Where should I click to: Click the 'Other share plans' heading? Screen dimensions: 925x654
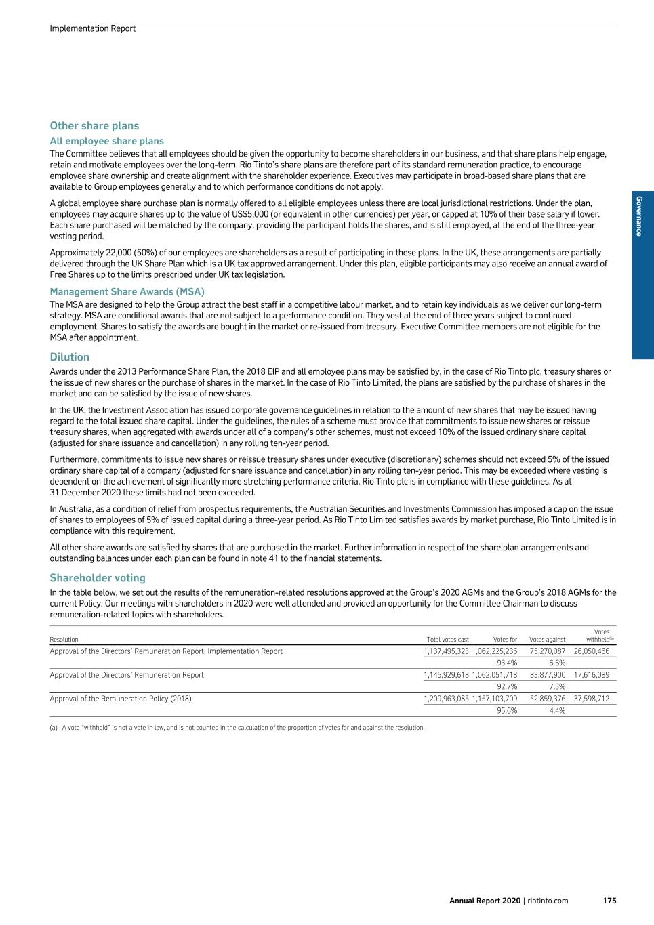(94, 126)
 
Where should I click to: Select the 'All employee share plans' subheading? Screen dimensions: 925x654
(106, 141)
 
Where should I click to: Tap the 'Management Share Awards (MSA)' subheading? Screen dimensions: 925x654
(127, 292)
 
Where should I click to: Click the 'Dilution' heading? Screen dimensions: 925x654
(69, 357)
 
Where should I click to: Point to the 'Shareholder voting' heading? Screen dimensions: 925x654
(98, 578)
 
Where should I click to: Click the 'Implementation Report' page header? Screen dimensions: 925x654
(92, 28)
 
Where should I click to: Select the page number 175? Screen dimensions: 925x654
(609, 901)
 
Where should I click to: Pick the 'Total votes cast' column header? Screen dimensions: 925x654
(447, 640)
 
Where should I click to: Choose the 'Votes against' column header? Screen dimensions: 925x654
(547, 640)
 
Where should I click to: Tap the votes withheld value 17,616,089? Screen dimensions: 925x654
(592, 675)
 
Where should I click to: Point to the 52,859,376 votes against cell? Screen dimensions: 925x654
(548, 699)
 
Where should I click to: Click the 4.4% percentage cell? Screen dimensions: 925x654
(557, 711)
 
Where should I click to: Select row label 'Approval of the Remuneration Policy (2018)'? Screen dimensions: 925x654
(121, 699)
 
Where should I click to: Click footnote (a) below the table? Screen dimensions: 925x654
(237, 728)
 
